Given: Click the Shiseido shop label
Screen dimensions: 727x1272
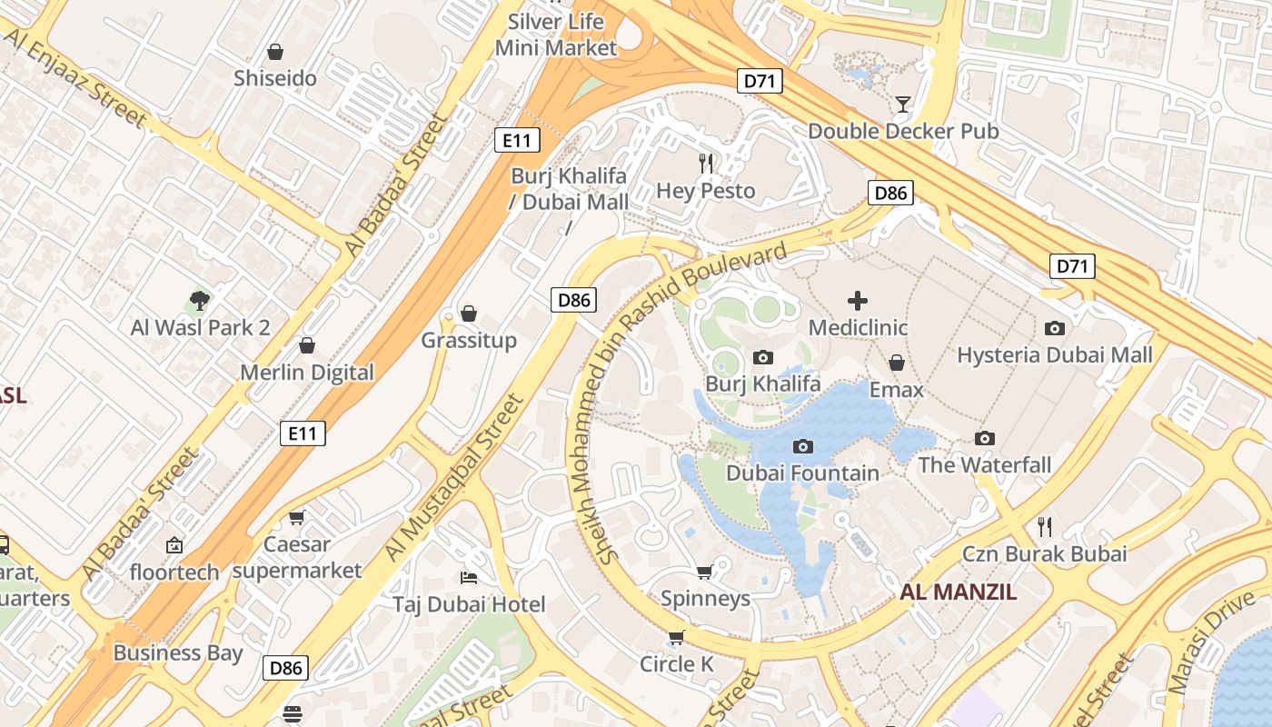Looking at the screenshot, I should [x=275, y=78].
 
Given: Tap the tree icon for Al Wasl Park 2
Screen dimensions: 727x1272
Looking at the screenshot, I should [x=200, y=300].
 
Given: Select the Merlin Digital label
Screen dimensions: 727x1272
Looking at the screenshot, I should [x=307, y=373].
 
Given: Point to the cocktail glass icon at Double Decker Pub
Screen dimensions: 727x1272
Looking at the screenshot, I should [x=902, y=104].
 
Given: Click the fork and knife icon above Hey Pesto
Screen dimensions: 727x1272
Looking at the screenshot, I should [x=706, y=164].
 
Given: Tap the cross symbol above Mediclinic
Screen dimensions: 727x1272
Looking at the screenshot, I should [x=858, y=300].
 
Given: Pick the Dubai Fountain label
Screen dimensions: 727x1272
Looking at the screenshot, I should [x=802, y=473].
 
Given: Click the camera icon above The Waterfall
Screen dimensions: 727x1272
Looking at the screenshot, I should [x=984, y=438].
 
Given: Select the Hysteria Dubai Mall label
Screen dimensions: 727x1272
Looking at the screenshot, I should [x=1055, y=355].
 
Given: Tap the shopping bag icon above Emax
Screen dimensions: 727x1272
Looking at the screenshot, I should [x=897, y=363].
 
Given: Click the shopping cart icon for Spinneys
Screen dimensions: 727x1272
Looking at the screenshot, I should [x=704, y=572].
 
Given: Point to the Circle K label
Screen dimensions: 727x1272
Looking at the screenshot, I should [x=677, y=664].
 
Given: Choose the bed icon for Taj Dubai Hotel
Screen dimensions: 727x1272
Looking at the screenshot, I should [x=469, y=577].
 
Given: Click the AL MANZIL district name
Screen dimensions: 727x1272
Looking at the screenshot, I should [x=959, y=593].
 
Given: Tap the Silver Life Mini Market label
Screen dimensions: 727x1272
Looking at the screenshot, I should [x=556, y=35].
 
